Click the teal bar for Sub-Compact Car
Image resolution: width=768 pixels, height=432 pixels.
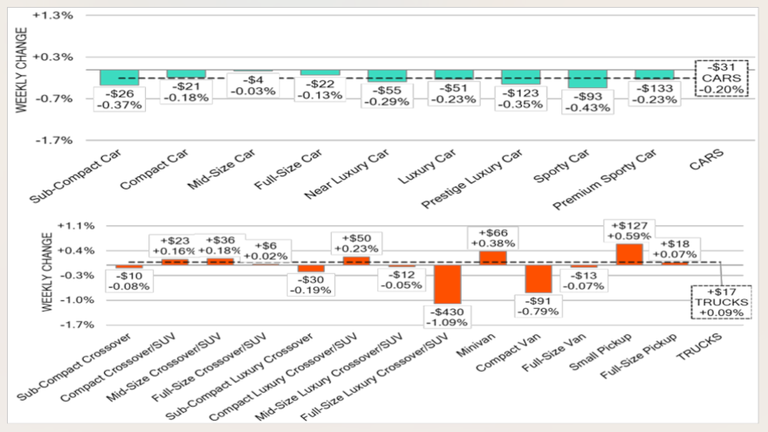(x=119, y=78)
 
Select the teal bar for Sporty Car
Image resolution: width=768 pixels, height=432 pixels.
(x=587, y=79)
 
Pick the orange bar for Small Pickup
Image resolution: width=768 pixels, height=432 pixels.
(x=629, y=253)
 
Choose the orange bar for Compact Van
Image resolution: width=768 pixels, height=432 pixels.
(x=538, y=279)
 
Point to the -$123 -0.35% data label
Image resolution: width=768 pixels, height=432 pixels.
(x=521, y=98)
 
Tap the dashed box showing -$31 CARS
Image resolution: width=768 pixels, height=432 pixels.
(x=722, y=78)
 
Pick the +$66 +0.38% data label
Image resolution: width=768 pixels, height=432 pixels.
(x=493, y=237)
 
